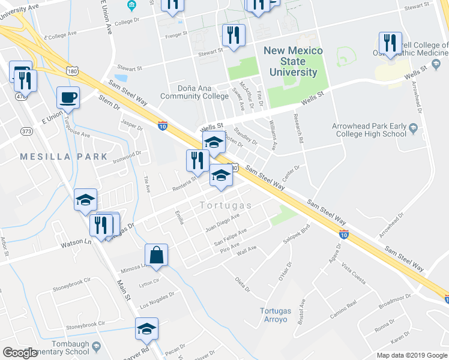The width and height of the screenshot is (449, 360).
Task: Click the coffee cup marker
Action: pos(68,97)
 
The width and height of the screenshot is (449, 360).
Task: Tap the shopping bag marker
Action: pos(156,254)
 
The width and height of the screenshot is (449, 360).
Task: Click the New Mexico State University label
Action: pos(293,62)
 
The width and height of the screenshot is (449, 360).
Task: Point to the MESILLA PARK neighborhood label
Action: pos(64,157)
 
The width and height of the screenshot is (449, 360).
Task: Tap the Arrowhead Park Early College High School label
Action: pos(369,130)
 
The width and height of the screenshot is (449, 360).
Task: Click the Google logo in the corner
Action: pos(20,353)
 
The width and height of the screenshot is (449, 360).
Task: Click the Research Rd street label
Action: pos(298,128)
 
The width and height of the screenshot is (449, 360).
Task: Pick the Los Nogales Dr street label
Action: pos(157,299)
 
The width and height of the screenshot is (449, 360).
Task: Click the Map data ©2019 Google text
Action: pos(412,355)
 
